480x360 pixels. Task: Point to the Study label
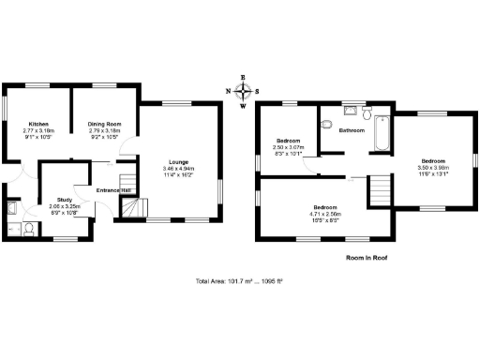click(x=66, y=199)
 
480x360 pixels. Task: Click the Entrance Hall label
click(x=113, y=191)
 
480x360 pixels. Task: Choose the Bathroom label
click(x=352, y=130)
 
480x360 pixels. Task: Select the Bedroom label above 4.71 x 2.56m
click(x=325, y=206)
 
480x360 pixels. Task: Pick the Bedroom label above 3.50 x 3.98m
click(x=433, y=159)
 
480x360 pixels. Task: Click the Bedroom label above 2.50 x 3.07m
click(x=287, y=141)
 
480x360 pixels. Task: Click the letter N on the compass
click(x=228, y=91)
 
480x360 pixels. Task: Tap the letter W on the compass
click(x=243, y=106)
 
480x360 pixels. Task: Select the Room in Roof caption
click(x=367, y=256)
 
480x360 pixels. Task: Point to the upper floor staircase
click(x=377, y=192)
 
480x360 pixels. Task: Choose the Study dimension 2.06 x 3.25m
click(x=66, y=205)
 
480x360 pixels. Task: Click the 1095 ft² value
click(x=271, y=281)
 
